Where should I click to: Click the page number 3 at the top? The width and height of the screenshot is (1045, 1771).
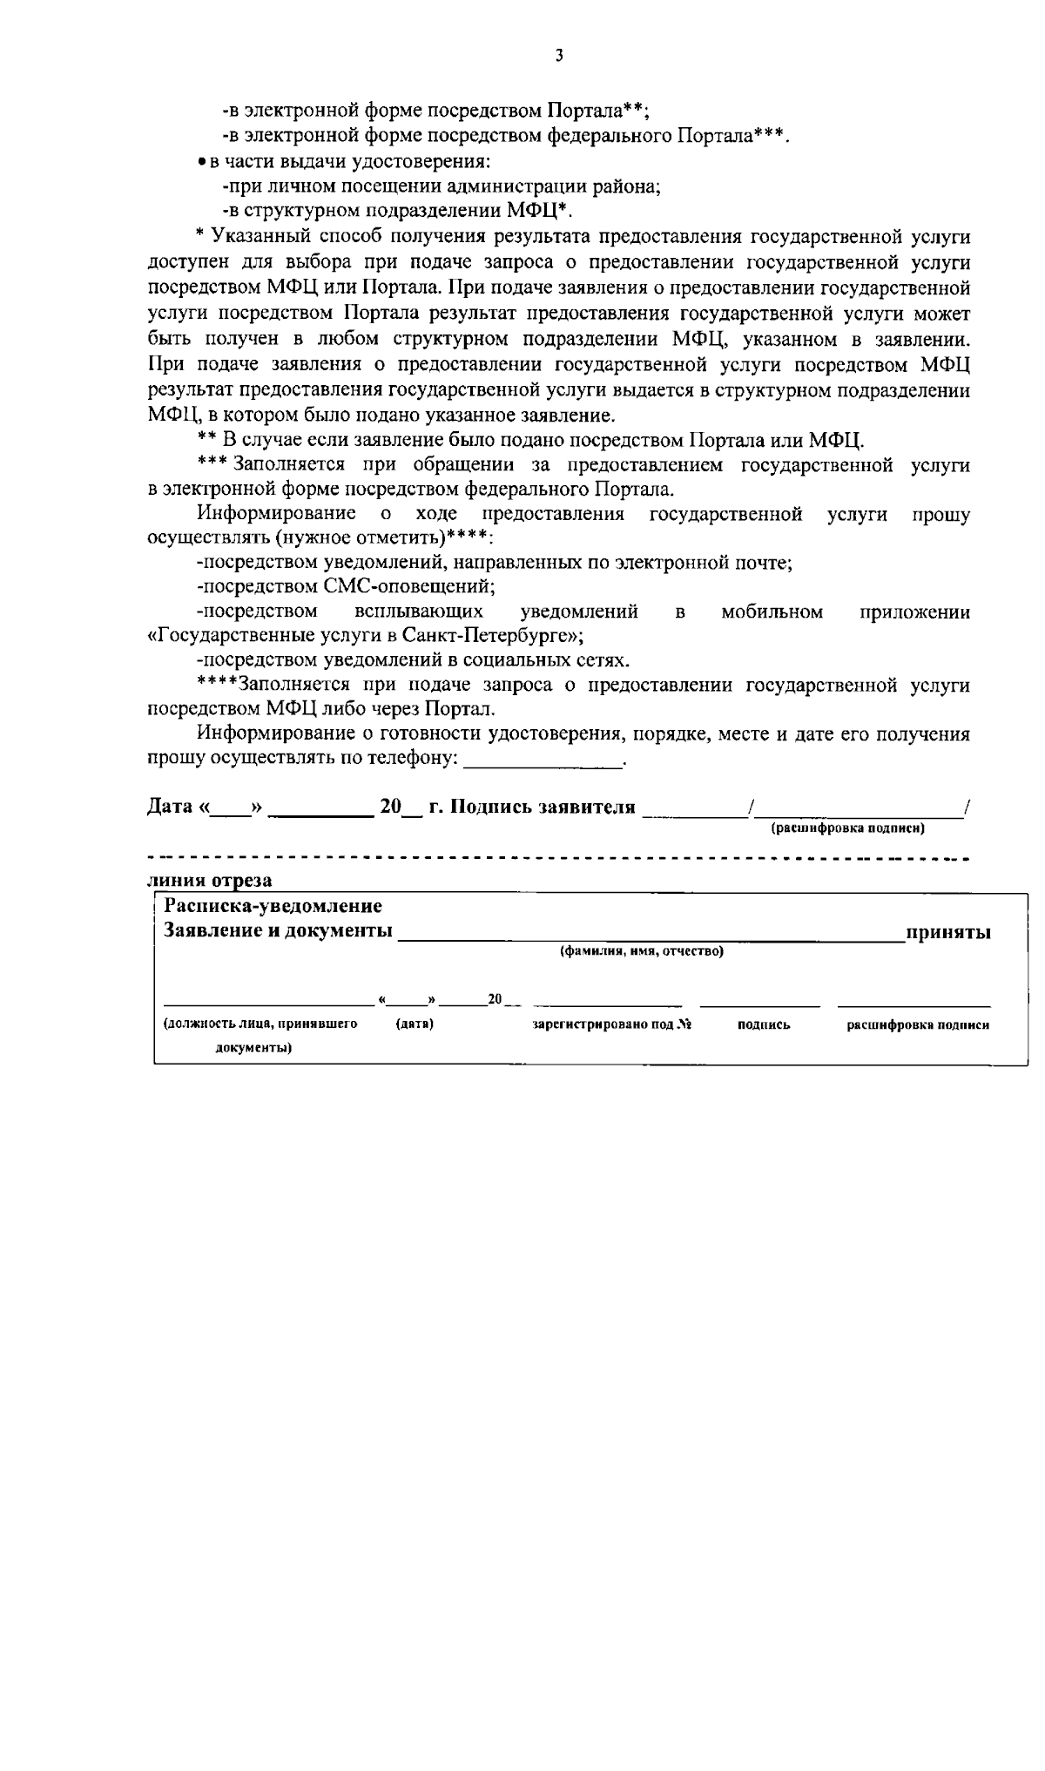pos(558,56)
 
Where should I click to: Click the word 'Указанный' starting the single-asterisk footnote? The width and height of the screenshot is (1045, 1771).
pos(255,236)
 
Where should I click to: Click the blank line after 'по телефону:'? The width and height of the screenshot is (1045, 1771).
pos(543,760)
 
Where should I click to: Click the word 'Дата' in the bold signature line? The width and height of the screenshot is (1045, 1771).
pos(169,807)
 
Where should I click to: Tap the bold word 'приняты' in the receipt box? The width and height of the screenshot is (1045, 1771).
pos(948,932)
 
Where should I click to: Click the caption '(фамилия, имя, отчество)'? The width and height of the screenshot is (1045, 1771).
pos(642,951)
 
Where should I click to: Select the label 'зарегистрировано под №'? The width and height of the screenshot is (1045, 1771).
pos(611,1025)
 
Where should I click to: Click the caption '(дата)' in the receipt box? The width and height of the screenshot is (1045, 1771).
pos(415,1024)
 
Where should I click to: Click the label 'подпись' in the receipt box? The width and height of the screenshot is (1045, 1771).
pos(764,1025)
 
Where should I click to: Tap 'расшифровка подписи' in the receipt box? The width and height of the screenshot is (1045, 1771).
pos(918,1025)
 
